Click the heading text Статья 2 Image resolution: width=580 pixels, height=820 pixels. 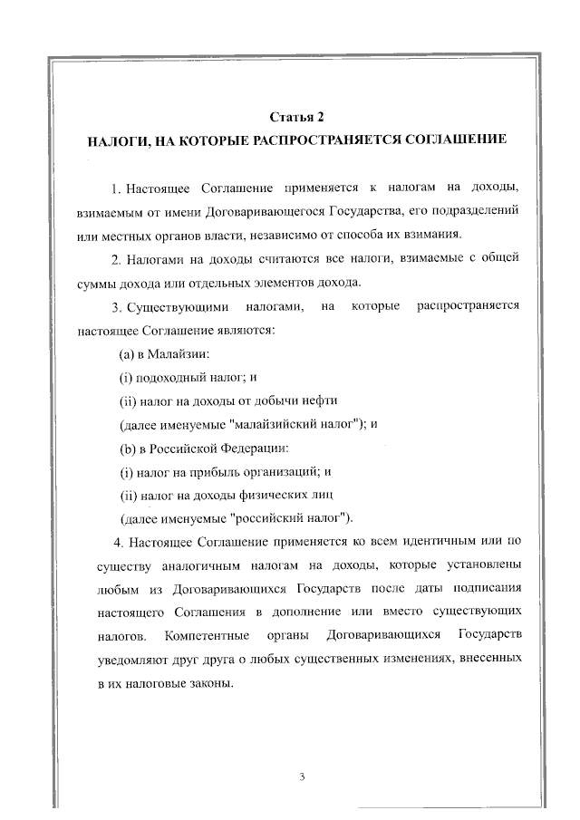point(297,117)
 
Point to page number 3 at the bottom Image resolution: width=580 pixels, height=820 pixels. point(299,777)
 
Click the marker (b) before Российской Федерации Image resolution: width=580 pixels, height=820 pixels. point(128,448)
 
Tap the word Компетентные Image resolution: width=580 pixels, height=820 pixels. point(205,637)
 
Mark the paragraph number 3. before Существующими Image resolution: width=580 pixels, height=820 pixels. point(115,306)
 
